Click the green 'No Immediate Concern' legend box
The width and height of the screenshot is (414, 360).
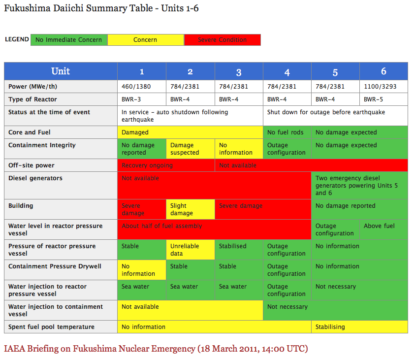(x=69, y=40)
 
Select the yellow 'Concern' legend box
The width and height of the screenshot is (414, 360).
(x=145, y=40)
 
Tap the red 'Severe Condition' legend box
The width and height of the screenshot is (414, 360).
(x=222, y=40)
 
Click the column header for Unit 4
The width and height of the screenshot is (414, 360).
(x=287, y=72)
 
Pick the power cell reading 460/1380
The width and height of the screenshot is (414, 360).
(x=141, y=87)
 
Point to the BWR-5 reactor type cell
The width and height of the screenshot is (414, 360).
(x=383, y=99)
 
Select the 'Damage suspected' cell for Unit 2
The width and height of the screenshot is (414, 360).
(x=190, y=149)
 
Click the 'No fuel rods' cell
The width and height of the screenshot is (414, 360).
(x=287, y=132)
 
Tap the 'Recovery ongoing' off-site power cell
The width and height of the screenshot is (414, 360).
(x=166, y=165)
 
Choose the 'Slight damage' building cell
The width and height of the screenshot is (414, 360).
(x=190, y=209)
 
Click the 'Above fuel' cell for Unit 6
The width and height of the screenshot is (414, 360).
(x=383, y=229)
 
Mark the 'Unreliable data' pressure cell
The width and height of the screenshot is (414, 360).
(x=190, y=250)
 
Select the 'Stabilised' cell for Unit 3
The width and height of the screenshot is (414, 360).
(x=239, y=250)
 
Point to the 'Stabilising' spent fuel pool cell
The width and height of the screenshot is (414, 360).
(x=359, y=327)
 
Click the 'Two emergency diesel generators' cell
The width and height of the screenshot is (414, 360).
(x=359, y=186)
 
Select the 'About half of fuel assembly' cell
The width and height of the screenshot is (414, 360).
(x=214, y=229)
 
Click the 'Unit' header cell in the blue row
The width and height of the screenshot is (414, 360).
(x=61, y=71)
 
